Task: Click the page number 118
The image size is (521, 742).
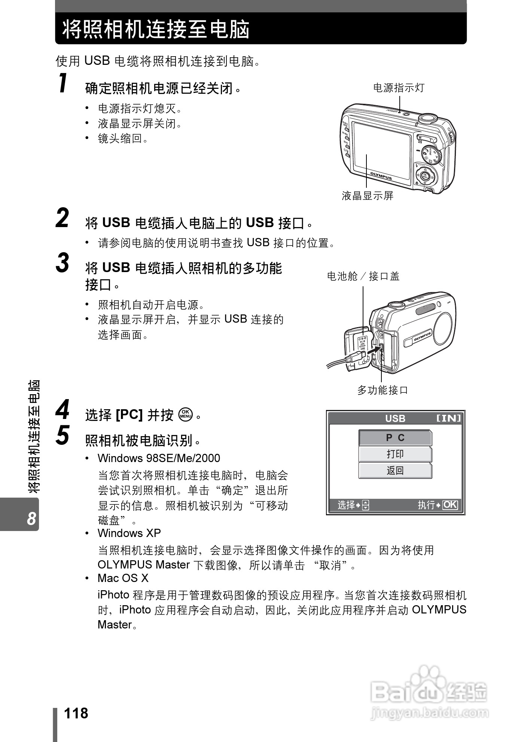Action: coord(76,714)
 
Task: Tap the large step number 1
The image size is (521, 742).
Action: coord(63,83)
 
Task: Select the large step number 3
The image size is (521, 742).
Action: coord(63,263)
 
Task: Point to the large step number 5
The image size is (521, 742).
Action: coord(63,436)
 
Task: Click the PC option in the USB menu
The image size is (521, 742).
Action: coord(395,438)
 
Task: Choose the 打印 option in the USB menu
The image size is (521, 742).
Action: coord(395,454)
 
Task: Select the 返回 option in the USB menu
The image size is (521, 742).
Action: coord(395,470)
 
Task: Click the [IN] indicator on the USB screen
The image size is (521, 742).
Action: coord(449,418)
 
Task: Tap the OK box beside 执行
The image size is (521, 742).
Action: coord(450,505)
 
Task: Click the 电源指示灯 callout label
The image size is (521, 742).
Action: coord(399,88)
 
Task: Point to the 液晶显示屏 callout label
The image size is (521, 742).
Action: coord(367,196)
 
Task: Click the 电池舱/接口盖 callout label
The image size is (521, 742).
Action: coord(363,277)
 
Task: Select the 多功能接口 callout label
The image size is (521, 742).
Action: coord(382,390)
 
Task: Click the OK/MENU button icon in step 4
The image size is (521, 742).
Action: coord(186,415)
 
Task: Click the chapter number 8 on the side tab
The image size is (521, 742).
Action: coord(31,519)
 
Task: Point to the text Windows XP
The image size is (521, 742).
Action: coord(129,533)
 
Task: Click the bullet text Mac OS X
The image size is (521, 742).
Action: coord(123,578)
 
